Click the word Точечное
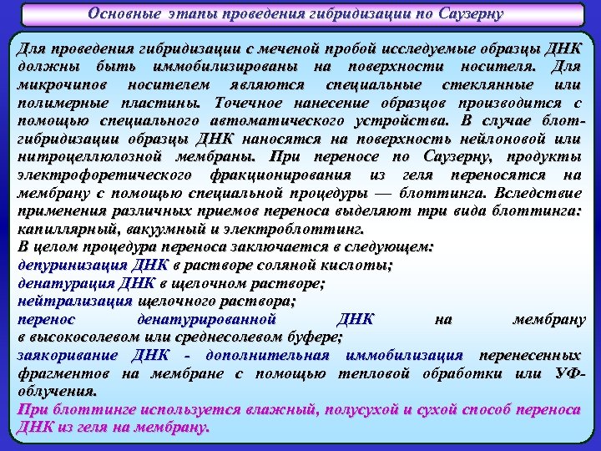coord(246,104)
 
